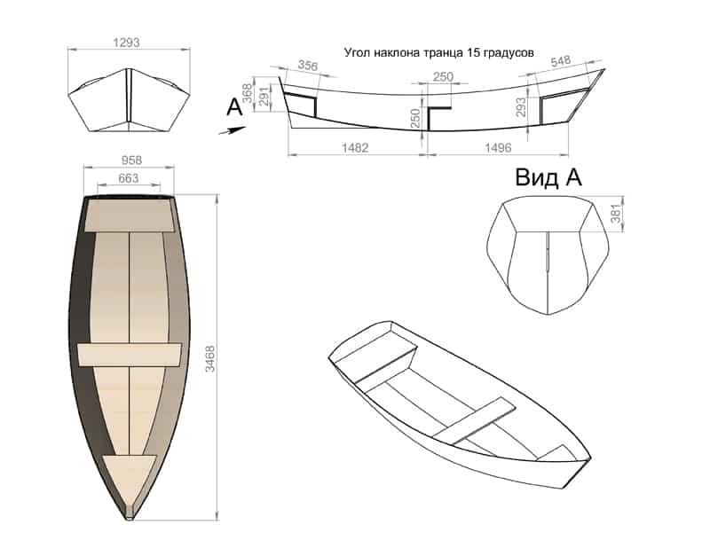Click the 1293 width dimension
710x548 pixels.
[128, 42]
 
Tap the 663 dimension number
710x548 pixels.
[128, 178]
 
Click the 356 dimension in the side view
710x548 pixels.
[307, 66]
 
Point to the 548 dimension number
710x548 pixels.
[560, 61]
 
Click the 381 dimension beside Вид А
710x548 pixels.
[613, 214]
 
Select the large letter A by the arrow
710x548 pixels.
[234, 107]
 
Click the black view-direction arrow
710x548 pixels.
[233, 129]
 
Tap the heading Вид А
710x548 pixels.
[548, 177]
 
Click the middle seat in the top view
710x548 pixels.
[130, 354]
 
